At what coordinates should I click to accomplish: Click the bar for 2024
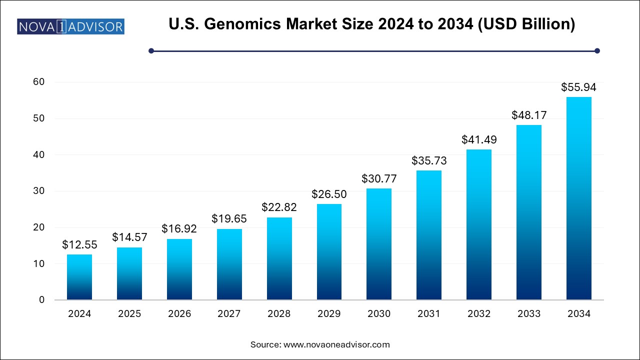(x=79, y=277)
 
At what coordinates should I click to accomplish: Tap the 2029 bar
(x=329, y=252)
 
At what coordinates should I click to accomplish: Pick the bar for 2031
(x=429, y=235)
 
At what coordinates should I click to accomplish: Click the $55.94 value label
(x=579, y=87)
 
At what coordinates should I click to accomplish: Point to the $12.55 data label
(x=79, y=245)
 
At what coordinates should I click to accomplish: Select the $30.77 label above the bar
(x=379, y=179)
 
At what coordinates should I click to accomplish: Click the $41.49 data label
(x=479, y=140)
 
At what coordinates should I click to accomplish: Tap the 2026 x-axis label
(x=179, y=314)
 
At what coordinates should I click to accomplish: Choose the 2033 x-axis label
(x=529, y=314)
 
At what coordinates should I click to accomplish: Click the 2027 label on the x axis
(x=229, y=314)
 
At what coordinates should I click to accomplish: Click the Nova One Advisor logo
(x=70, y=26)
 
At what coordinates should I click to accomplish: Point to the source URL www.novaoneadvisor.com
(x=336, y=344)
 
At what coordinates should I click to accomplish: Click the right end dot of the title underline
(x=597, y=50)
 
